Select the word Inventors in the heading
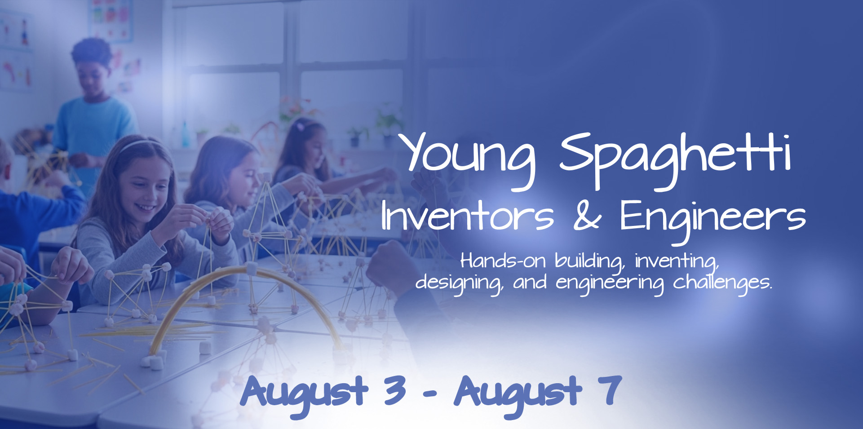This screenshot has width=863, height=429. pos(467,217)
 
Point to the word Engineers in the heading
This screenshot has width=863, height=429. pos(712,217)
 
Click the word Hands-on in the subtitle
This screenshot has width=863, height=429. pos(502,261)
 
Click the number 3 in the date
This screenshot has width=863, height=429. pos(394,390)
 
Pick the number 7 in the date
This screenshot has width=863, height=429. pos(610,390)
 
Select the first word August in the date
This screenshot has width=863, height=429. pos(305,392)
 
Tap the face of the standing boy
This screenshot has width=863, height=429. pos(93,76)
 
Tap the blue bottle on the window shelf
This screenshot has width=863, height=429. pos(185,135)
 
